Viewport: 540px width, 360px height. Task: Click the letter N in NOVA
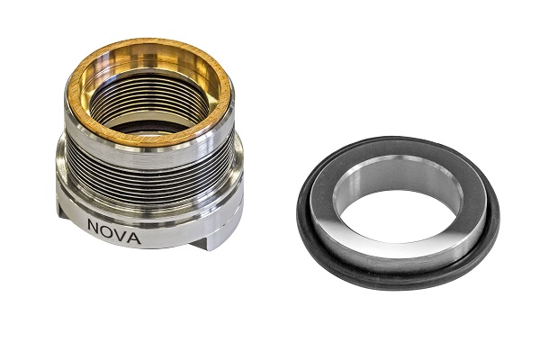point(94,225)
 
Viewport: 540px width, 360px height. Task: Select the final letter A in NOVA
point(134,238)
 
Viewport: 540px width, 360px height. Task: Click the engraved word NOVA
point(114,232)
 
